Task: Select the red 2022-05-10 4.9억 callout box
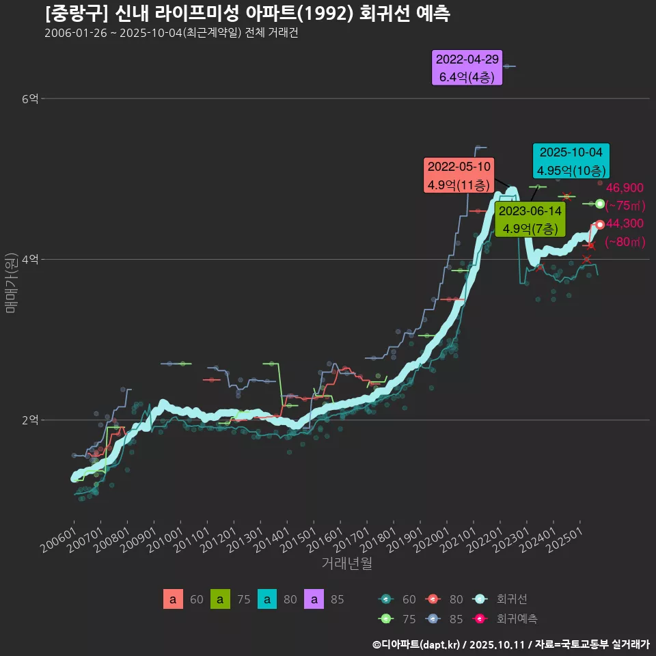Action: point(459,176)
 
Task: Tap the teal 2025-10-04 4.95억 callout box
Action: point(571,161)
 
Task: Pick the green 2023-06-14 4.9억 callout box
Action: point(530,219)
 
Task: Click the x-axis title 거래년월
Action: point(346,564)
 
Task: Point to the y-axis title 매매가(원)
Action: point(11,282)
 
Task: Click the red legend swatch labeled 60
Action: point(173,600)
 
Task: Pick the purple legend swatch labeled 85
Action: point(314,600)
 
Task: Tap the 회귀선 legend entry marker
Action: point(480,600)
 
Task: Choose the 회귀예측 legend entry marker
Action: point(480,619)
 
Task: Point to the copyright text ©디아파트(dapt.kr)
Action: point(417,644)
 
